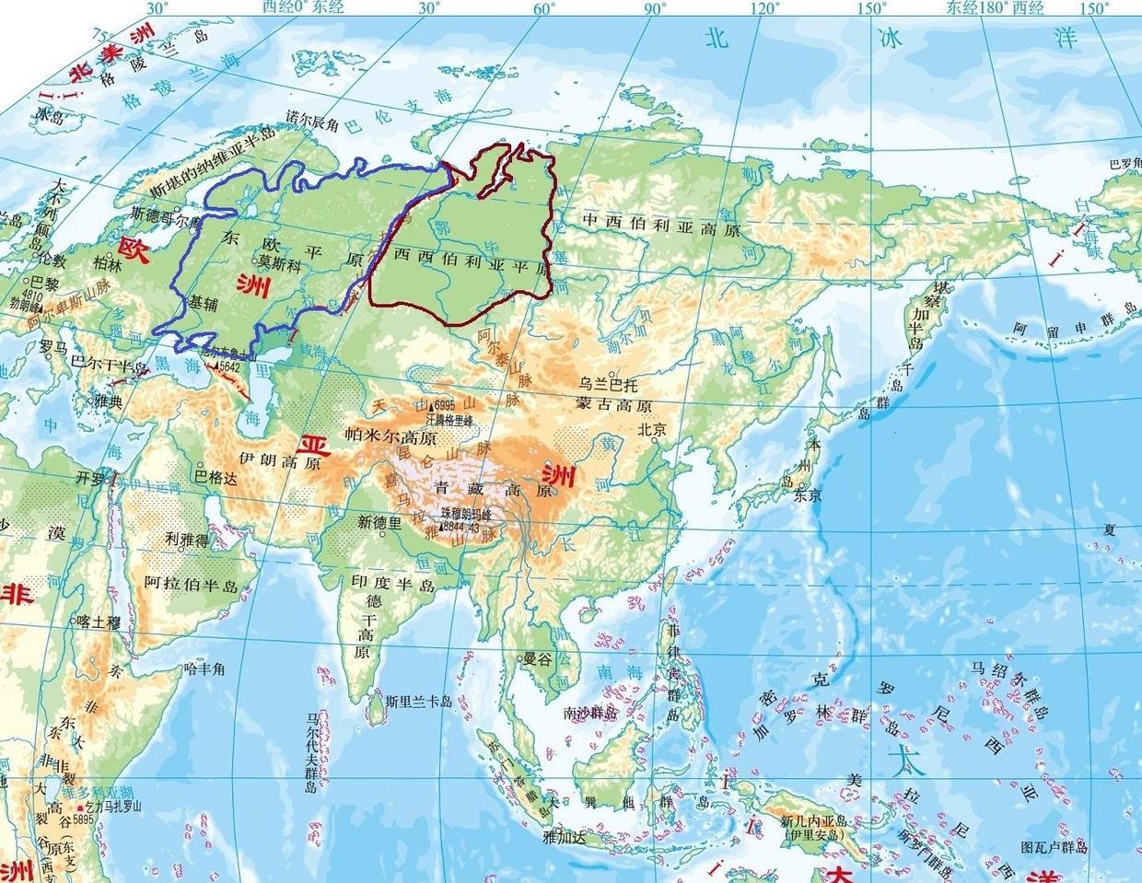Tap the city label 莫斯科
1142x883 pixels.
click(x=279, y=261)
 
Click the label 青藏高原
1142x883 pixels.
click(x=493, y=490)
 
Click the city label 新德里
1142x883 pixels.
click(x=381, y=522)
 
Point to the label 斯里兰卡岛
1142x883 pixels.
click(x=419, y=702)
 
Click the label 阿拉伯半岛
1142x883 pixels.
click(x=192, y=584)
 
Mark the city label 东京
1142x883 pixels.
click(x=807, y=494)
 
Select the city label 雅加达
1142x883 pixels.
click(x=565, y=837)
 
